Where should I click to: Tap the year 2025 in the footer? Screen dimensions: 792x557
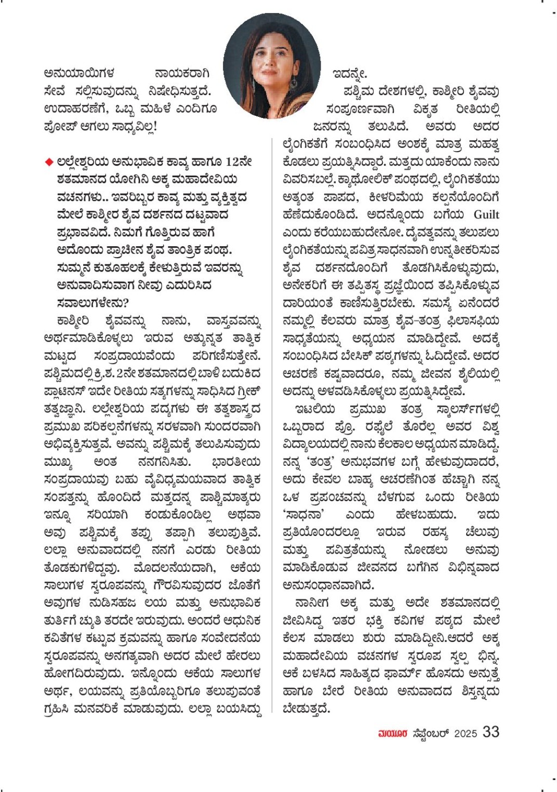(466, 733)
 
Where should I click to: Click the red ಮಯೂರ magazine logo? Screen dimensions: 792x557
(392, 733)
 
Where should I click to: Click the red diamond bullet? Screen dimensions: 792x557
(49, 162)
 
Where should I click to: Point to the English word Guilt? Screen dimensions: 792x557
(486, 214)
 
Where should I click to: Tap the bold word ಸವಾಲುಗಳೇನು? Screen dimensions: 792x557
(92, 303)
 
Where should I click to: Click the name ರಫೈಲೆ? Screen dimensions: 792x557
(379, 426)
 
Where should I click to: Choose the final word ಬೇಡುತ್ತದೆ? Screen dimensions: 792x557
(307, 709)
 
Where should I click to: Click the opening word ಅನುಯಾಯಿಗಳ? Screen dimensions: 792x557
(79, 73)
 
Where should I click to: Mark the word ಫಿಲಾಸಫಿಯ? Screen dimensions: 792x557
(472, 320)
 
